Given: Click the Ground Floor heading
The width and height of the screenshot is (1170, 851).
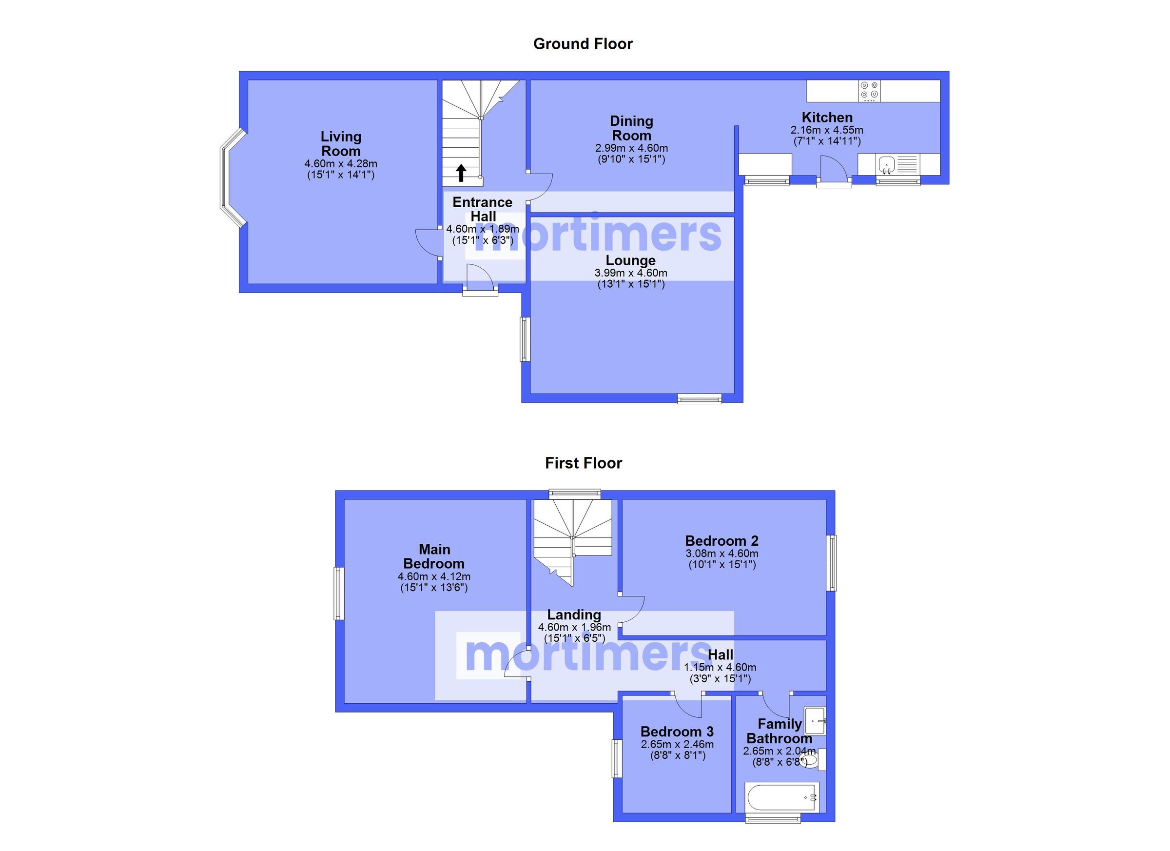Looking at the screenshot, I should click(583, 44).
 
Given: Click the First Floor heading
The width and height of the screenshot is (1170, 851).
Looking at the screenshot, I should click(583, 463).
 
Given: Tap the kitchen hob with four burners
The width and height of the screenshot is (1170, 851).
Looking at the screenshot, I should click(869, 90).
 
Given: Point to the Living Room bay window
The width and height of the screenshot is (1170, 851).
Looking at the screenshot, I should click(230, 178).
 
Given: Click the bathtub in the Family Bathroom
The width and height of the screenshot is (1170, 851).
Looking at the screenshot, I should click(781, 797).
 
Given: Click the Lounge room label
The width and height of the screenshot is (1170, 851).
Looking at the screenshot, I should click(630, 260).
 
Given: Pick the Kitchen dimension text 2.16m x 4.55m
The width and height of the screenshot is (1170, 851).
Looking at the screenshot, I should click(826, 130).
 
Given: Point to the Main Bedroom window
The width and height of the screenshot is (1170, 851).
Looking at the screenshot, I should click(339, 593).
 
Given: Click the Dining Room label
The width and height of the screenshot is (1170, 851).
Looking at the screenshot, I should click(631, 128).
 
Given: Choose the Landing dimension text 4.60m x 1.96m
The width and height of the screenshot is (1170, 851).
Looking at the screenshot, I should click(574, 627).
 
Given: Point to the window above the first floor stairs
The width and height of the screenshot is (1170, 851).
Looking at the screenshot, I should click(574, 494).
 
